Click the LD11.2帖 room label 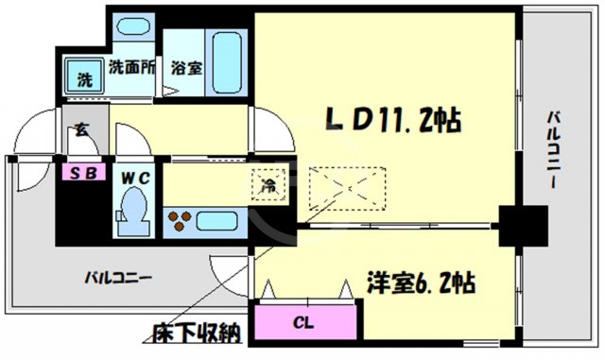point(392,120)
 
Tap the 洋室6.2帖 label point(421,282)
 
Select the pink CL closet point(302,322)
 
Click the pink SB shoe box point(73,173)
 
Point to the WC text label point(130,174)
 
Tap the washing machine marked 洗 point(84,77)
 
